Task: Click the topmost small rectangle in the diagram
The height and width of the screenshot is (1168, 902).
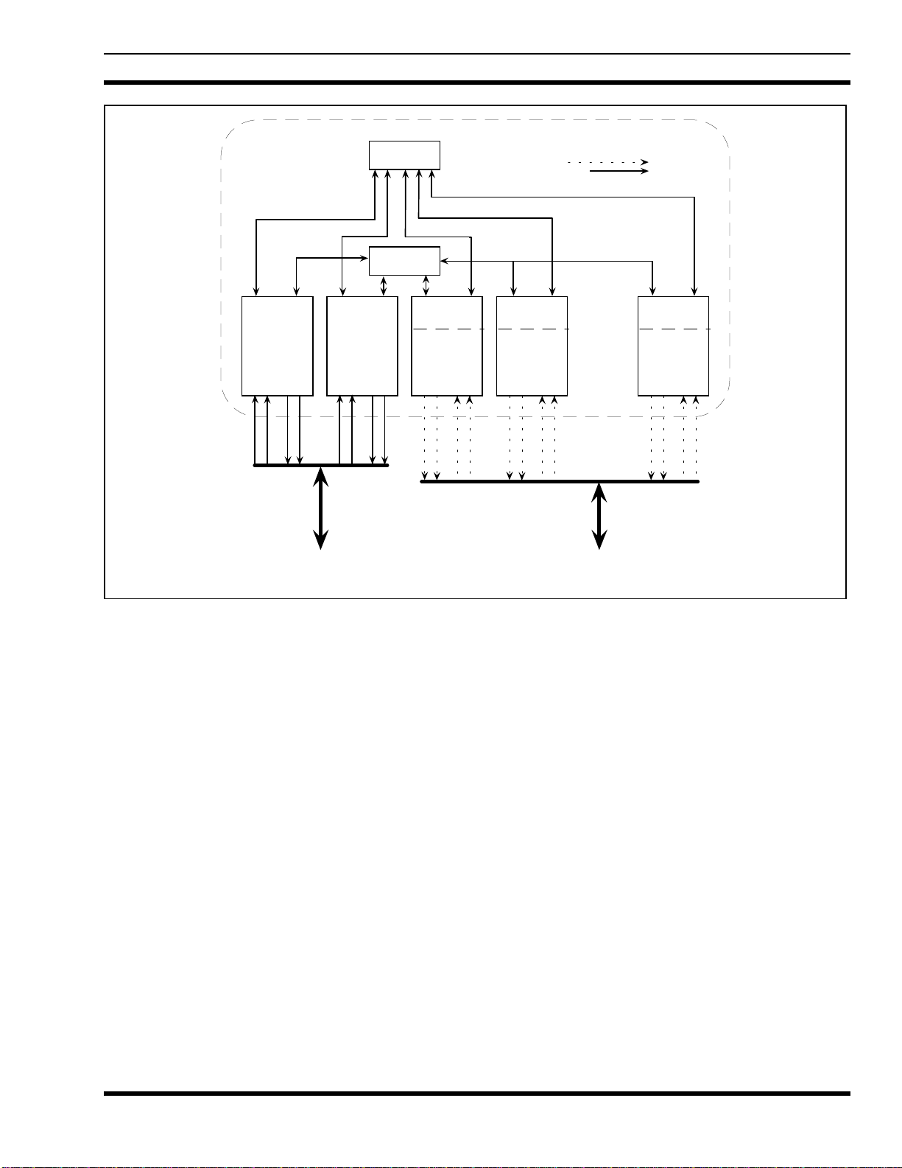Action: (x=404, y=155)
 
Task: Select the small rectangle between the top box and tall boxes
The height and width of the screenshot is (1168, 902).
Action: (x=404, y=261)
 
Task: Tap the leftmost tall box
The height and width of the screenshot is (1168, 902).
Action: (x=278, y=346)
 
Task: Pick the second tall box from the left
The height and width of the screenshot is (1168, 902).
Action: (x=362, y=346)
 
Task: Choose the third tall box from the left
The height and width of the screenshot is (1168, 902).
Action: (x=447, y=361)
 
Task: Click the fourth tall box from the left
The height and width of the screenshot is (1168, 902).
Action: (x=532, y=361)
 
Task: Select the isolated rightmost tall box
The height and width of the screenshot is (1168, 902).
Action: (x=673, y=361)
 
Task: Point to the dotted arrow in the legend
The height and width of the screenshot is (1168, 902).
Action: (x=607, y=161)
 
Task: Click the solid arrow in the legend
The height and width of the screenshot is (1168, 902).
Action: (x=619, y=171)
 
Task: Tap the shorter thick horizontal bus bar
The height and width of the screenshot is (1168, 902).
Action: (x=321, y=466)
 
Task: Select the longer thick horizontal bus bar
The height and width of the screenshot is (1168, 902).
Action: (x=560, y=481)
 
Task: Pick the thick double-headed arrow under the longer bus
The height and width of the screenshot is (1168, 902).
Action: (x=600, y=516)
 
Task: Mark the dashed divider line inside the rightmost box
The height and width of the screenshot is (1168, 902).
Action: (x=674, y=329)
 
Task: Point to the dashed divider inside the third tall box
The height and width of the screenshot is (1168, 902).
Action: (x=447, y=329)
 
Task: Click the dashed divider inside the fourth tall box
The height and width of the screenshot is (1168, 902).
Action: (x=532, y=329)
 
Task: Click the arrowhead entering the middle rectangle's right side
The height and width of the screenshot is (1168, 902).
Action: (x=444, y=261)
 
